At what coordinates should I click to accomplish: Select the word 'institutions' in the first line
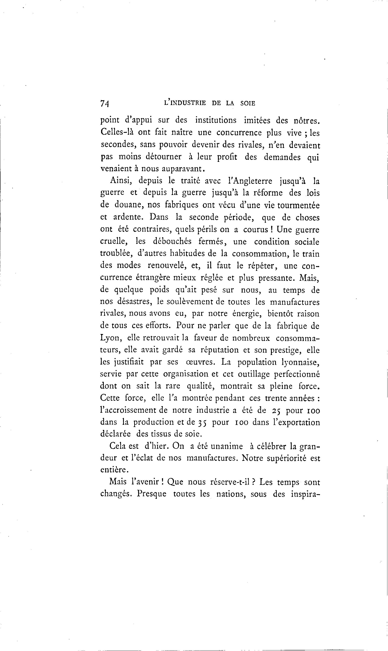[x=216, y=121]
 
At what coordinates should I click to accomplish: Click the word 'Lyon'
[x=110, y=338]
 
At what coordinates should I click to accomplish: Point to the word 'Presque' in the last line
[x=152, y=494]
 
